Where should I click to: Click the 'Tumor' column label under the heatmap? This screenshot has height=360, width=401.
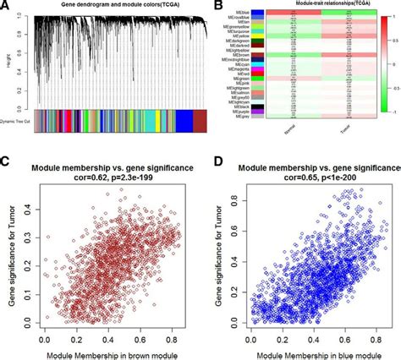(338, 132)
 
